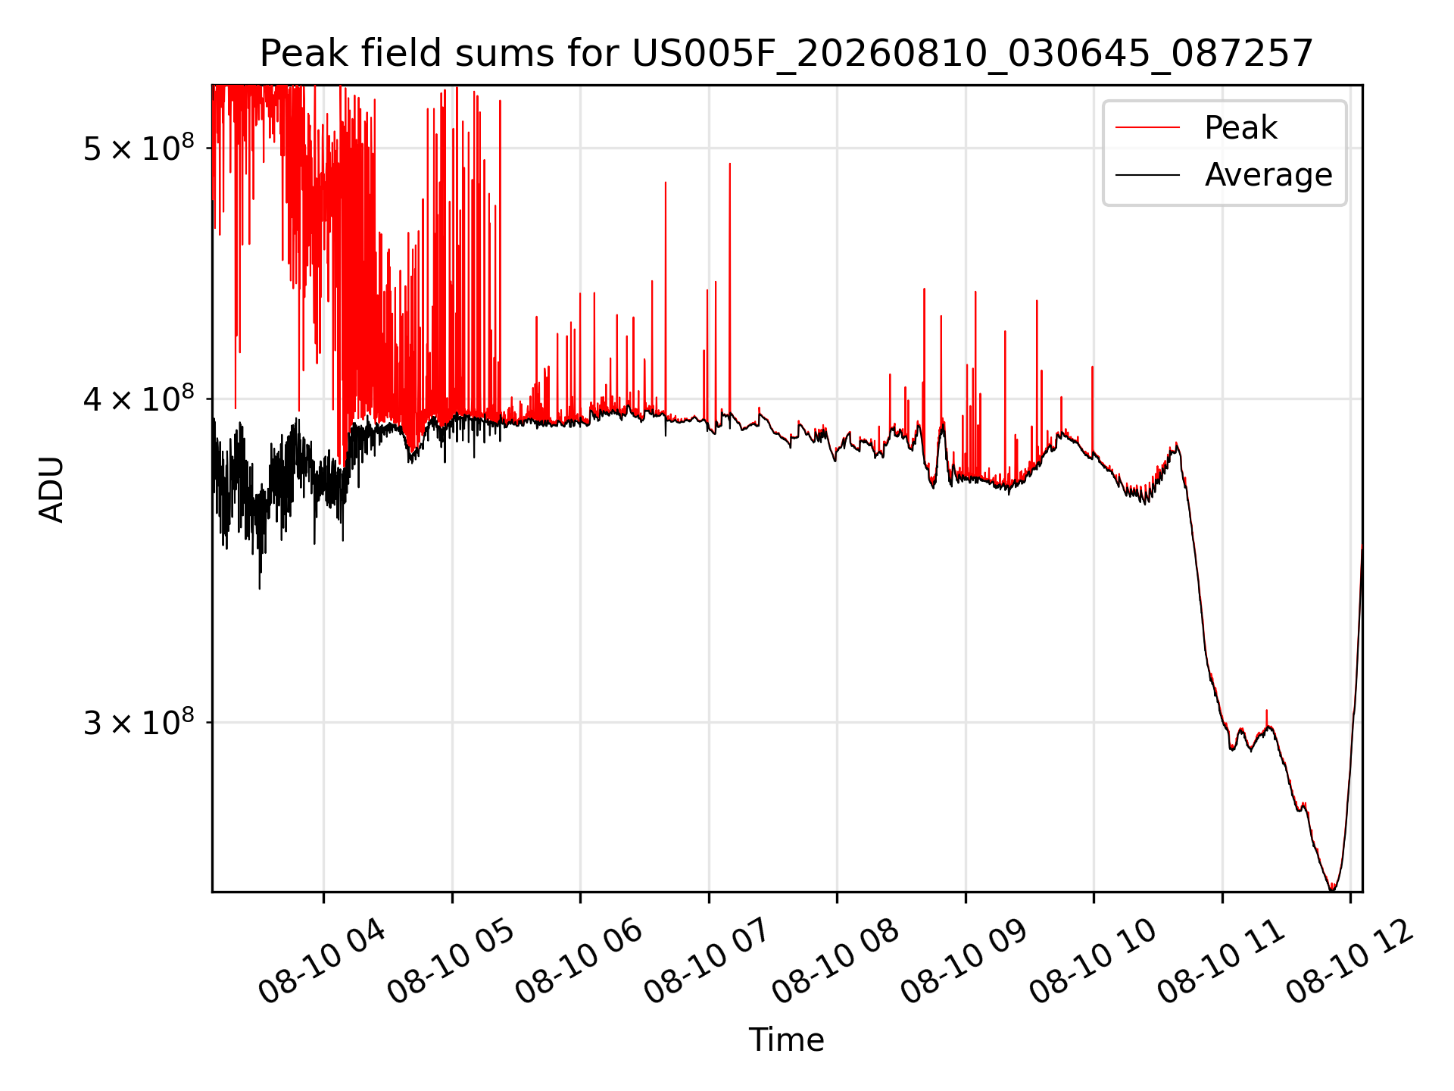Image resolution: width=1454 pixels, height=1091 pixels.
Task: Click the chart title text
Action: coord(786,54)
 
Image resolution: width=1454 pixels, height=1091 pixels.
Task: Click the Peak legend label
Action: coord(1240,127)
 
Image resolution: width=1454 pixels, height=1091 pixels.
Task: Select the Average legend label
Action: coord(1268,175)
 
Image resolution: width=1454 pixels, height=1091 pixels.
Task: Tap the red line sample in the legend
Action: coord(1147,127)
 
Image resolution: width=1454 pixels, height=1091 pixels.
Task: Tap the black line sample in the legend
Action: coord(1147,175)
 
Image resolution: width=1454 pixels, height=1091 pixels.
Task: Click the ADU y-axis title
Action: coord(51,489)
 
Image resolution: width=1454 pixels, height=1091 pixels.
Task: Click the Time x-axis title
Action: coord(786,1039)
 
